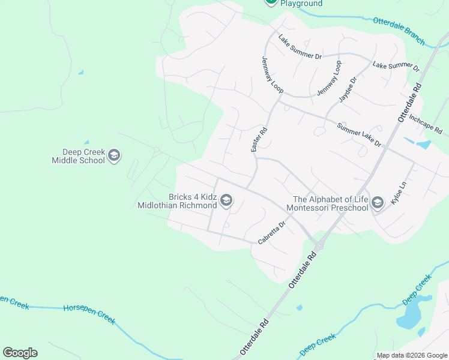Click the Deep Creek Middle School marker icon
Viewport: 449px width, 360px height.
(x=114, y=156)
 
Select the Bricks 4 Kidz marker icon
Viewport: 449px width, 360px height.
(x=226, y=200)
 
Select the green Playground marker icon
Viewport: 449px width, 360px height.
(x=271, y=2)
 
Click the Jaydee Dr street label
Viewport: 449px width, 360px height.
(x=348, y=88)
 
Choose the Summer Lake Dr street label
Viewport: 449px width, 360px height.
(x=359, y=135)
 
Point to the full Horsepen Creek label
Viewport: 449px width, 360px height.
(x=89, y=314)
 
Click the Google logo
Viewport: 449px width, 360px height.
(x=20, y=353)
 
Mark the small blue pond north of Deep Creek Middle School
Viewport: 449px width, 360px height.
(x=80, y=73)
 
